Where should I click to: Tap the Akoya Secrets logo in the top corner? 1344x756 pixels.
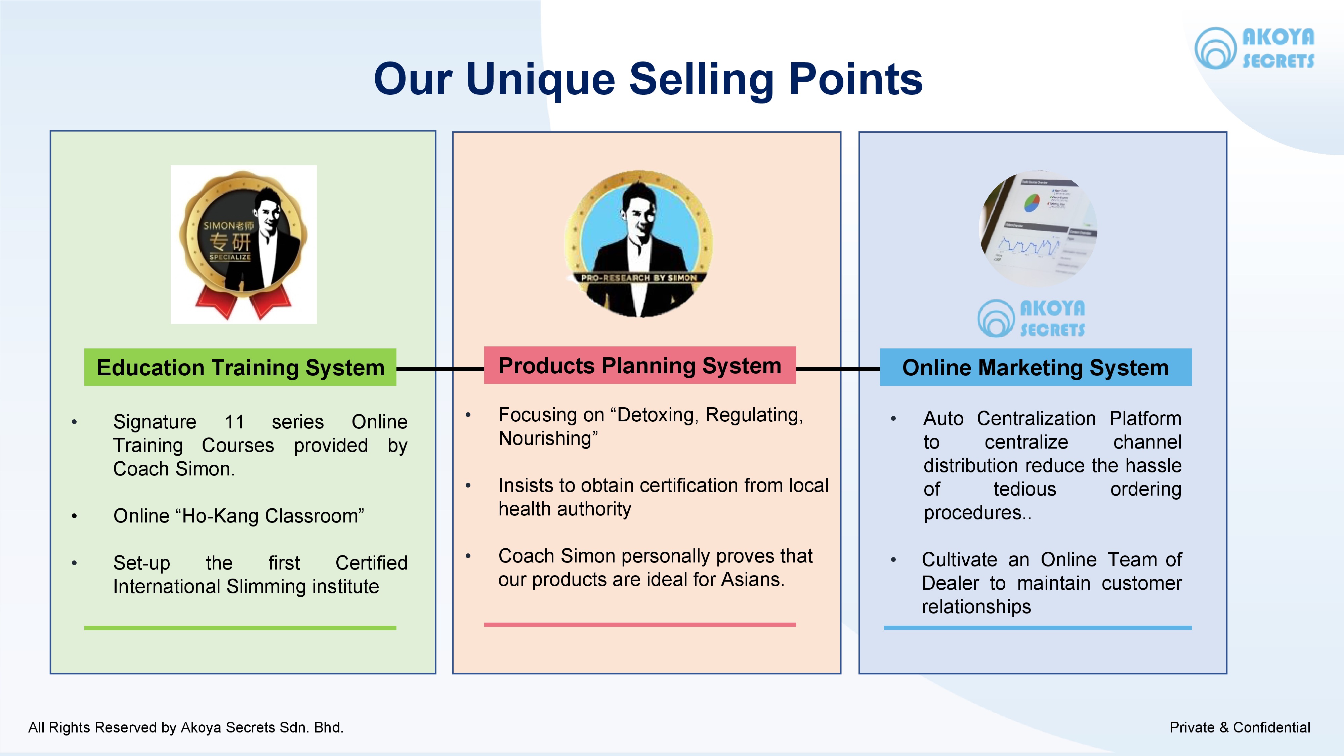pos(1254,48)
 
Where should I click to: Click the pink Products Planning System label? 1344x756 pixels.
pos(640,365)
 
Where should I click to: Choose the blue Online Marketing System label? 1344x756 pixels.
pos(1036,367)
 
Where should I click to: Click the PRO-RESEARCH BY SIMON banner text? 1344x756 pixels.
pos(639,278)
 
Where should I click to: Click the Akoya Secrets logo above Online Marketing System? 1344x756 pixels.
pos(1032,318)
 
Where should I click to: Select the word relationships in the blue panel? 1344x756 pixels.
pos(976,607)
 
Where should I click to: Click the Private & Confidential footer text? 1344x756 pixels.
pos(1240,727)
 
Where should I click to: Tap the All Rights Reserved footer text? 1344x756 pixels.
pos(186,727)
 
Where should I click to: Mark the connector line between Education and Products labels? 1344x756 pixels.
pos(440,369)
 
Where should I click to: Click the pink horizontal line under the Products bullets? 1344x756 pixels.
pos(640,625)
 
